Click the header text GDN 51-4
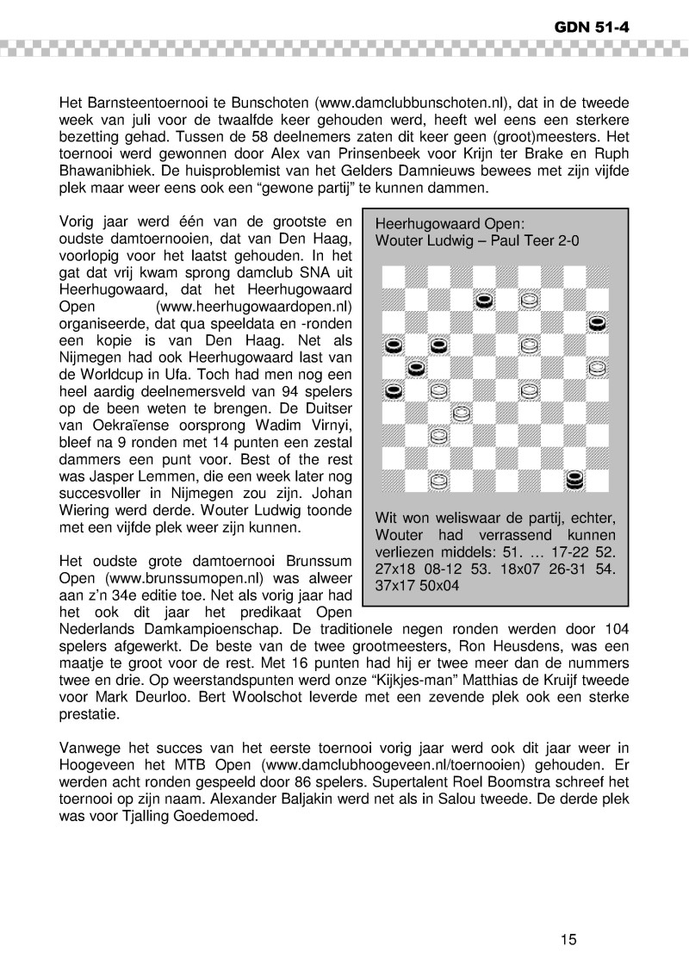coord(592,27)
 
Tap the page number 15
coord(567,938)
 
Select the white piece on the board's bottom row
coord(438,480)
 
